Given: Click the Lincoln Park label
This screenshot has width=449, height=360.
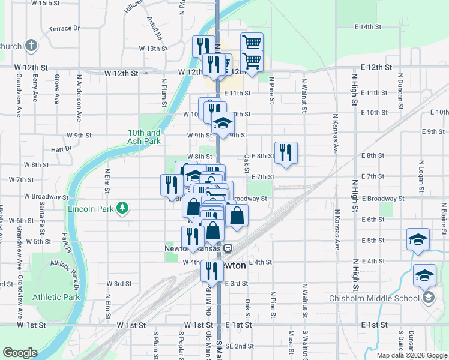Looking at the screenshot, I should click(91, 208).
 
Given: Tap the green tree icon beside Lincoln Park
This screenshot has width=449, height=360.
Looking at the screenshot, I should click(122, 208).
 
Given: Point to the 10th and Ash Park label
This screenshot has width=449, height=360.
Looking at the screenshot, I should click(144, 137).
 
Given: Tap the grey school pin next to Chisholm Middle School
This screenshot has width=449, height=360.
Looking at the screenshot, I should click(429, 298).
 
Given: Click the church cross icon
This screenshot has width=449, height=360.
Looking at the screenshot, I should click(31, 46).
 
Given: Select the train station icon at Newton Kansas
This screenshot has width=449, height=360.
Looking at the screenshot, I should click(228, 248).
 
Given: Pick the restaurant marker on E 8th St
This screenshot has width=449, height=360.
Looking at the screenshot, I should click(286, 153).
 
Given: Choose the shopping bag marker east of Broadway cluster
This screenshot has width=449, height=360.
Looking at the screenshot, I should click(237, 216).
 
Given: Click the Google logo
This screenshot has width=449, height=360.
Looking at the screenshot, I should click(20, 353).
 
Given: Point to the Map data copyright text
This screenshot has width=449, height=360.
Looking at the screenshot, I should click(412, 355).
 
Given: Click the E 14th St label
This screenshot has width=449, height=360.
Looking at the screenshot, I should click(368, 27).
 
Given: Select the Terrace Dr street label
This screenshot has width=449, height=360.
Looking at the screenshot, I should click(64, 28).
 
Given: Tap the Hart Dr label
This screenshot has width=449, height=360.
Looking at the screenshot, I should click(61, 148).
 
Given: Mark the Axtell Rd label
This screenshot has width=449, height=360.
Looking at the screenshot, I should click(155, 29).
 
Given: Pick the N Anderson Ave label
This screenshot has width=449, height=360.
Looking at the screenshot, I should click(79, 95).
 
